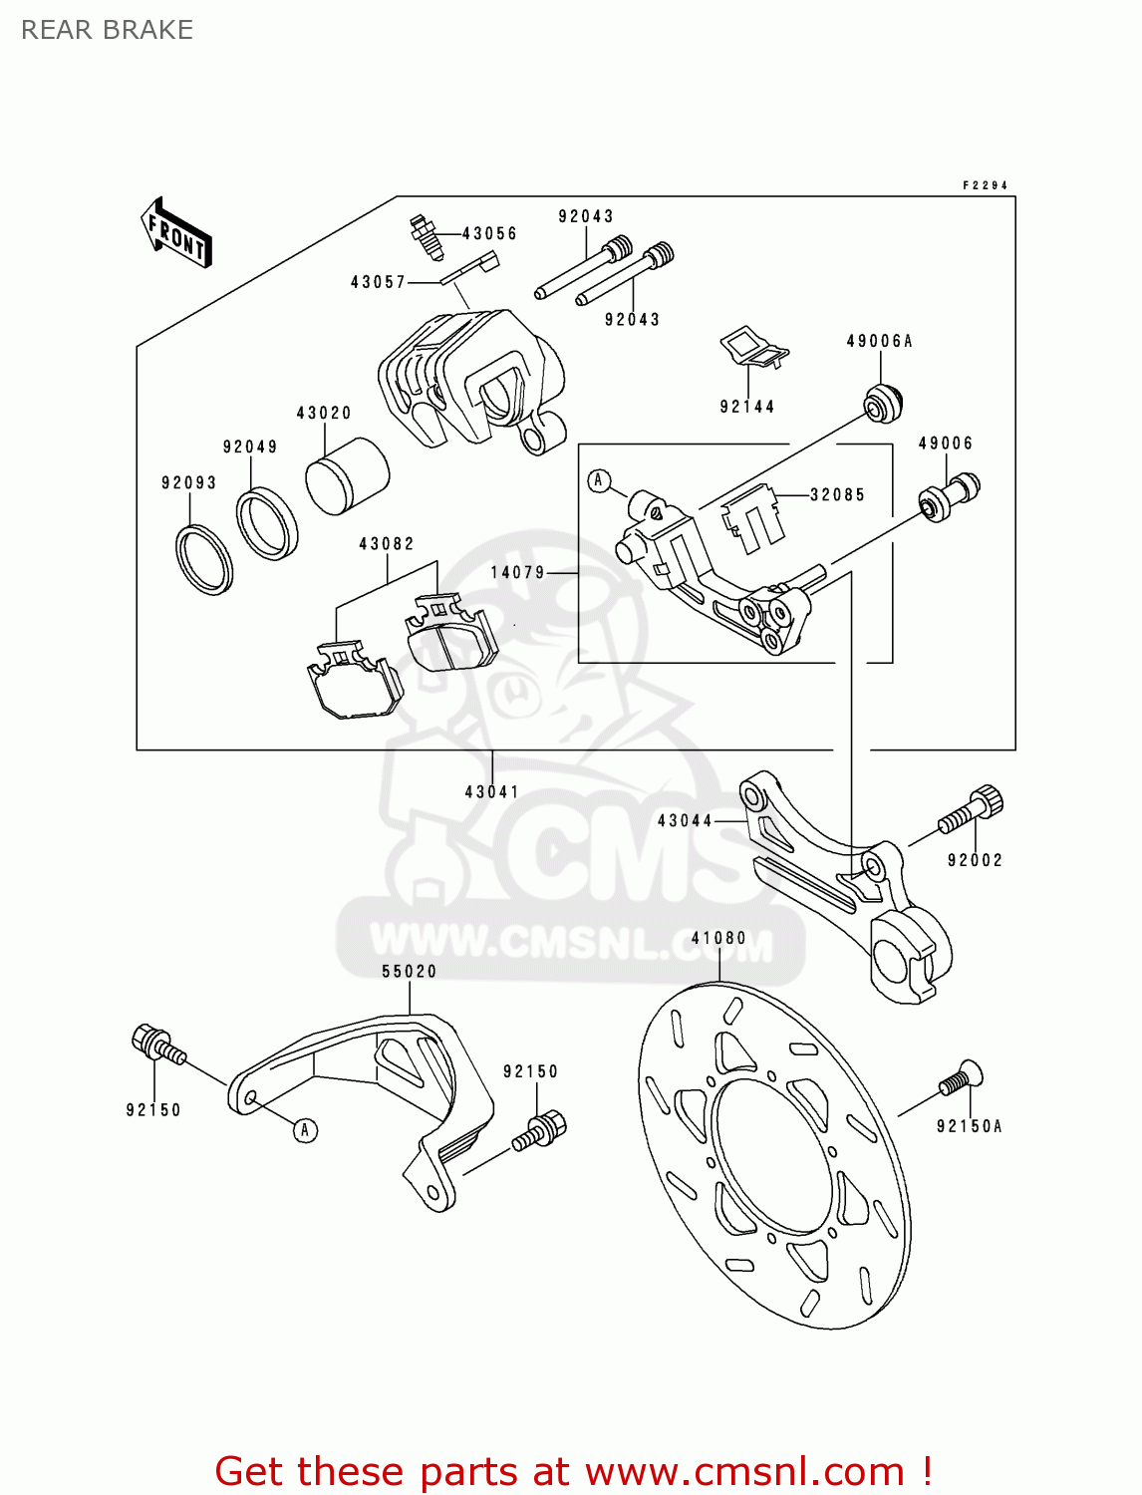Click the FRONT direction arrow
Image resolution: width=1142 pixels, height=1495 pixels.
click(176, 232)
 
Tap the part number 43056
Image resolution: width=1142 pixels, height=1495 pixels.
click(489, 233)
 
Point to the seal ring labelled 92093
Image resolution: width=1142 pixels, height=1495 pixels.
click(204, 558)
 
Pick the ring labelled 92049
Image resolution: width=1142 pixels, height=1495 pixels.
click(266, 522)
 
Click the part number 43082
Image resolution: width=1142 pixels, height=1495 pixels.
click(387, 544)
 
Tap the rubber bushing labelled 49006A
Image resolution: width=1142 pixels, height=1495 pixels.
click(883, 401)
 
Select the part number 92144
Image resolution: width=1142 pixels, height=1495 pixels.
click(747, 407)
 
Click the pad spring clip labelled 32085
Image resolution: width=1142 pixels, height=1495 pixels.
click(751, 518)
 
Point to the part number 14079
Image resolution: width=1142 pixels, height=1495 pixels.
click(518, 573)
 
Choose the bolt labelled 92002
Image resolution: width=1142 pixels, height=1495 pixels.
click(971, 810)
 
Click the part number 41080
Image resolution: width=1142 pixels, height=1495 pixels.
click(718, 938)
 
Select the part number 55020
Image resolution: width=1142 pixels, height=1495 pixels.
click(410, 971)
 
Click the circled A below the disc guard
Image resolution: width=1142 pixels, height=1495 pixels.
click(306, 1129)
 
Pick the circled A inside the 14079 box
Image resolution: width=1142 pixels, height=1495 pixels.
click(599, 480)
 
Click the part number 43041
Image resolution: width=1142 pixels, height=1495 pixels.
click(492, 792)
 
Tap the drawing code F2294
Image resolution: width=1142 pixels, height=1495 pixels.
click(985, 185)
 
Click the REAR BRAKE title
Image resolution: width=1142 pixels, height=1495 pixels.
click(107, 30)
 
